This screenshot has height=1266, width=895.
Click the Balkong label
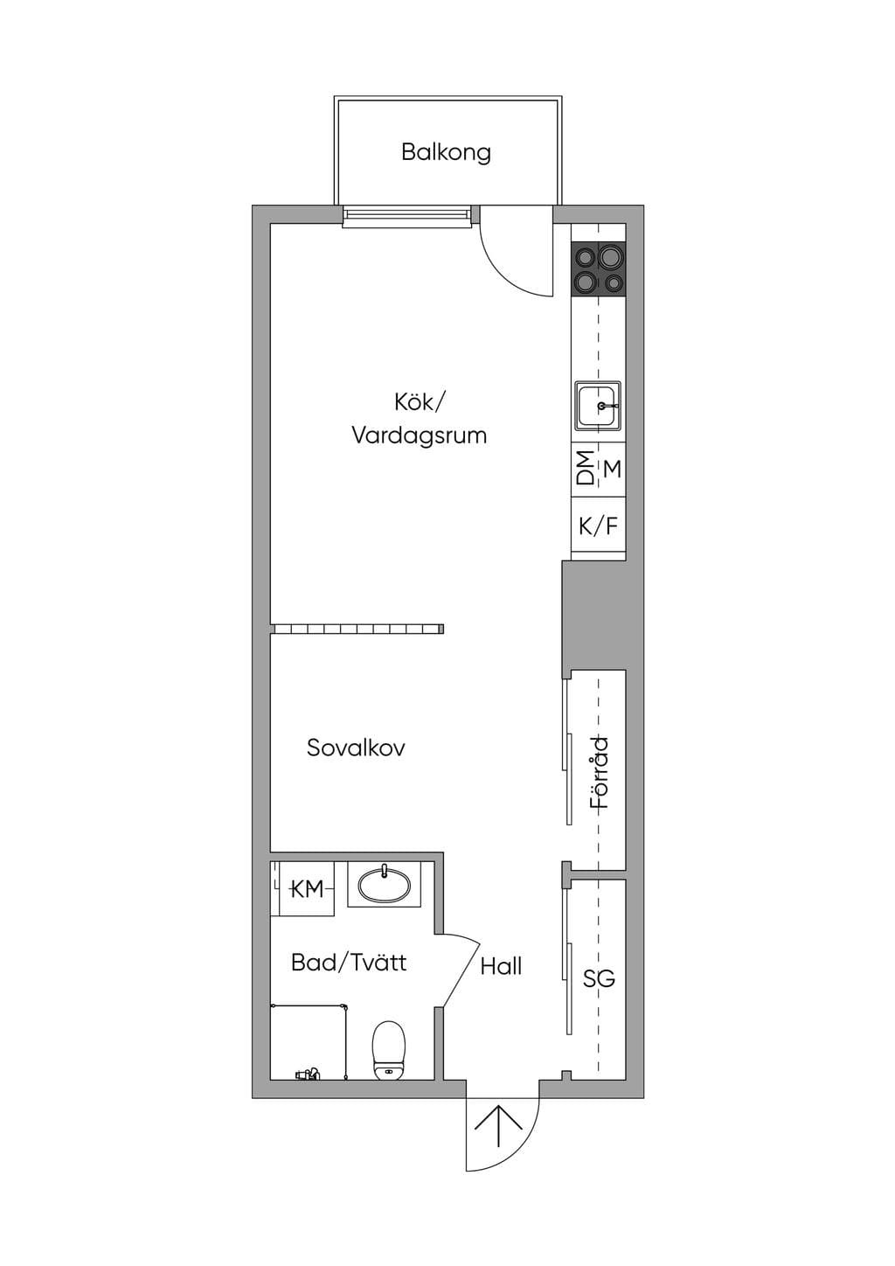[446, 153]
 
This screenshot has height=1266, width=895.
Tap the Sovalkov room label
[356, 748]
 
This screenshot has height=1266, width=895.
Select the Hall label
[501, 966]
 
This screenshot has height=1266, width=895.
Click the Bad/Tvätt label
[349, 962]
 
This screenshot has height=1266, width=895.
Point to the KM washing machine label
[308, 889]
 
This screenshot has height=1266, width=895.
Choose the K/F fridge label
[598, 526]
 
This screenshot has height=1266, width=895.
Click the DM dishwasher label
[586, 468]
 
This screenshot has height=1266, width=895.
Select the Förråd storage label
[600, 772]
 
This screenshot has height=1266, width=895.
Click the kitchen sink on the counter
[598, 405]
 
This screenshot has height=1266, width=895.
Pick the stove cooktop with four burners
[599, 269]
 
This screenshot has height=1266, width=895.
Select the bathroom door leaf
[461, 976]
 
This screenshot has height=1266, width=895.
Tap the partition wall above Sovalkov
[357, 629]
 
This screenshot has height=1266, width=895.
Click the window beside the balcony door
[406, 217]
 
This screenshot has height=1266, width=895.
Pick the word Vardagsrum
[420, 436]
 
